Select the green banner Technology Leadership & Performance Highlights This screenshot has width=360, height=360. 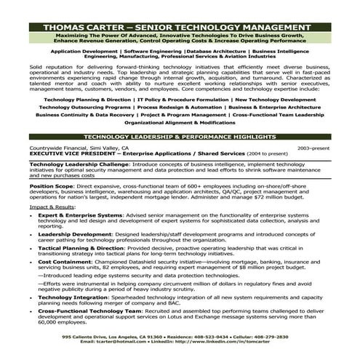(x=180, y=136)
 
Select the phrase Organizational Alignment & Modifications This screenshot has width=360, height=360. (x=180, y=123)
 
